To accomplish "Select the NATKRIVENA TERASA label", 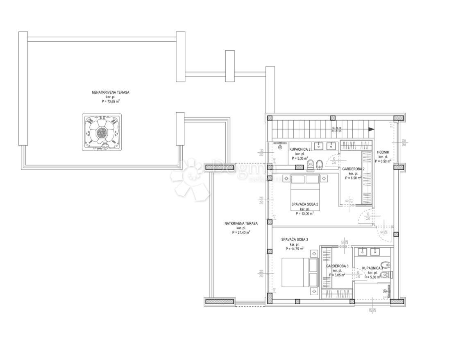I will pyautogui.click(x=241, y=224).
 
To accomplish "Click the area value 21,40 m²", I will pyautogui.click(x=241, y=232).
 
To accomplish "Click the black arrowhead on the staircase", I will pyautogui.click(x=371, y=129).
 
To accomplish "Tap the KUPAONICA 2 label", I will pyautogui.click(x=300, y=149).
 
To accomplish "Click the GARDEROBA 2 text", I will pyautogui.click(x=353, y=169).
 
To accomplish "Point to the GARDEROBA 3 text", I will pyautogui.click(x=337, y=266).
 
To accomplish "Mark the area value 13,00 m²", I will pyautogui.click(x=305, y=213).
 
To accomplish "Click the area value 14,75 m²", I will pyautogui.click(x=295, y=249).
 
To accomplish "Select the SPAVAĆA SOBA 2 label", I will pyautogui.click(x=305, y=204).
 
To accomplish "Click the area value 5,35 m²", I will pyautogui.click(x=300, y=158).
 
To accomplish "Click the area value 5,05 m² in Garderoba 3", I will pyautogui.click(x=337, y=275).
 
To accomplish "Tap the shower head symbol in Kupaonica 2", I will pyautogui.click(x=281, y=143).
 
